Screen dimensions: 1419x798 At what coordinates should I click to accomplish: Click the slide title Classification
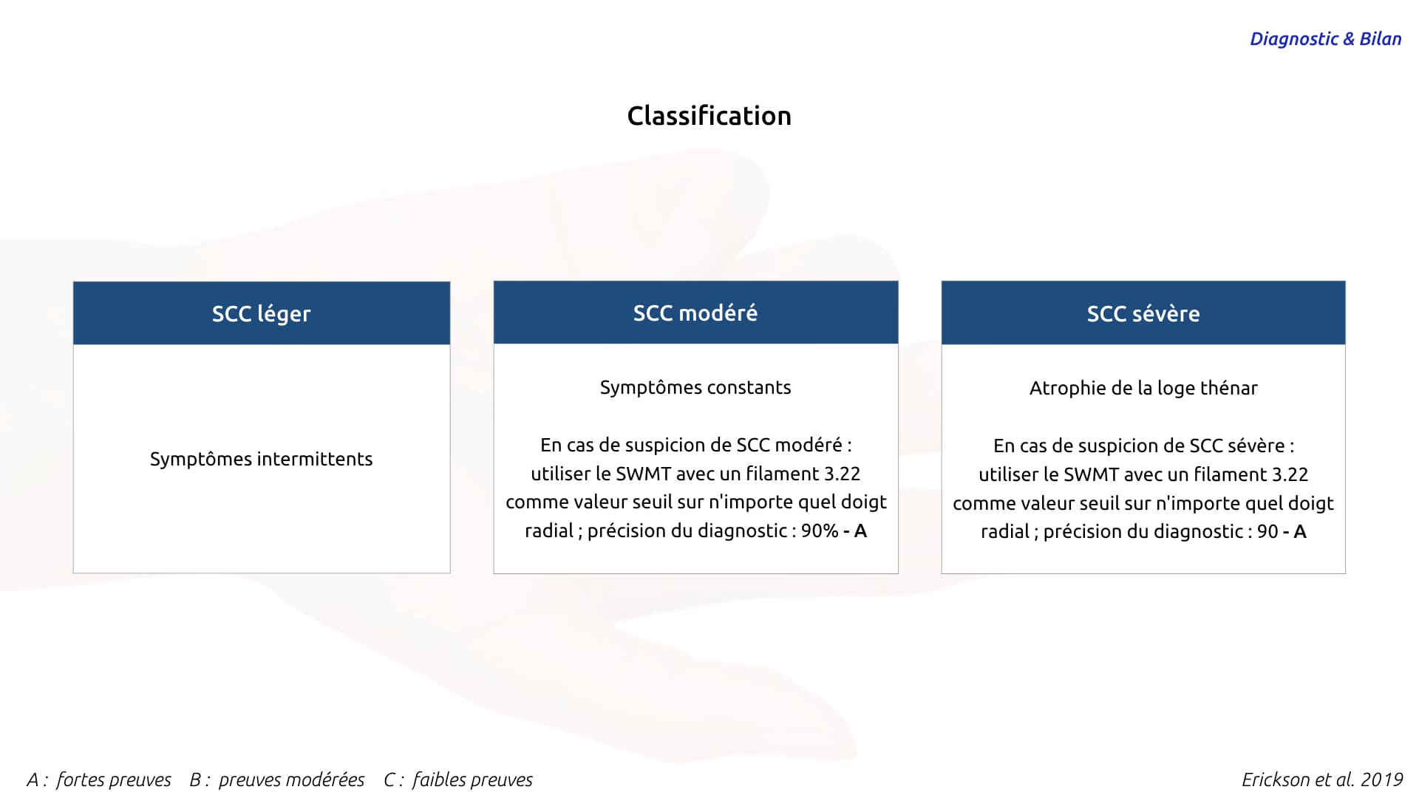[709, 116]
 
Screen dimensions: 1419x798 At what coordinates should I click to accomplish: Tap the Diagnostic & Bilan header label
[1325, 39]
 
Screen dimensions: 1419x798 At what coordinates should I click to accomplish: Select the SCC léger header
[262, 313]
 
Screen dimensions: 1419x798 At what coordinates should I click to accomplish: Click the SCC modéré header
[695, 313]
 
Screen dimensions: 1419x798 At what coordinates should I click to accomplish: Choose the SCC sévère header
[1143, 313]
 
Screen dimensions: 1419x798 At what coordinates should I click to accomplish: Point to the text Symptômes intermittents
[261, 459]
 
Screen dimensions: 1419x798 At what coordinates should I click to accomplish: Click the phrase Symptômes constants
[695, 387]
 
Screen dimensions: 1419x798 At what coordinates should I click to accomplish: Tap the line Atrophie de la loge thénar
[1143, 388]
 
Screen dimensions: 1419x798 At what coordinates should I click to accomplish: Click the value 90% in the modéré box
[820, 531]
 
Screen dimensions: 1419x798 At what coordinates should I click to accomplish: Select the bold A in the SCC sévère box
[1300, 531]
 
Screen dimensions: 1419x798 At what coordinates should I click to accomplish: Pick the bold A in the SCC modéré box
[860, 531]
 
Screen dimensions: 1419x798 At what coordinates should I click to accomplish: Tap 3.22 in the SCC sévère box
[1289, 474]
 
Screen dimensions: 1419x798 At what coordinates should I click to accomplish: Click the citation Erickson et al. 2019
[1322, 780]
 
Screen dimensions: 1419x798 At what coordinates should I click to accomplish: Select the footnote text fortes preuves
[113, 780]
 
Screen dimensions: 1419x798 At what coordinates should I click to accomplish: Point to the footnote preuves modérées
[291, 780]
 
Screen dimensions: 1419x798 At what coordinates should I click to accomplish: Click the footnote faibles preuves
[472, 780]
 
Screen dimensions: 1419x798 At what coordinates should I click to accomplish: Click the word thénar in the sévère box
[1229, 388]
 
